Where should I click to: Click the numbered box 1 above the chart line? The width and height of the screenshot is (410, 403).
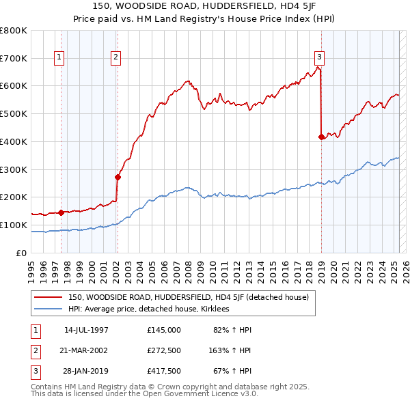pyautogui.click(x=60, y=57)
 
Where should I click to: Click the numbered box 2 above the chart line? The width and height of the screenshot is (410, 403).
pyautogui.click(x=117, y=57)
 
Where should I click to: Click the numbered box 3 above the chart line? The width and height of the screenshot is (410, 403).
pyautogui.click(x=320, y=57)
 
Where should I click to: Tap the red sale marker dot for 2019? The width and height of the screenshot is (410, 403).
pyautogui.click(x=322, y=137)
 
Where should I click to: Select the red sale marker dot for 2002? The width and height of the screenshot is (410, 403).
pyautogui.click(x=118, y=177)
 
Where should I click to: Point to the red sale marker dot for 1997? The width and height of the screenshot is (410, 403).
pyautogui.click(x=61, y=212)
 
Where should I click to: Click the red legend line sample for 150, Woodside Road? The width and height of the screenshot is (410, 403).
pyautogui.click(x=48, y=297)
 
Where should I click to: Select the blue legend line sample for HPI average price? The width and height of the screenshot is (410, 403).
pyautogui.click(x=48, y=309)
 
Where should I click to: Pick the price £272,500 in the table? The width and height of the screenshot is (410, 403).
pyautogui.click(x=164, y=350)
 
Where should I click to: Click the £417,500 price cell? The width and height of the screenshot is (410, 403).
pyautogui.click(x=164, y=371)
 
